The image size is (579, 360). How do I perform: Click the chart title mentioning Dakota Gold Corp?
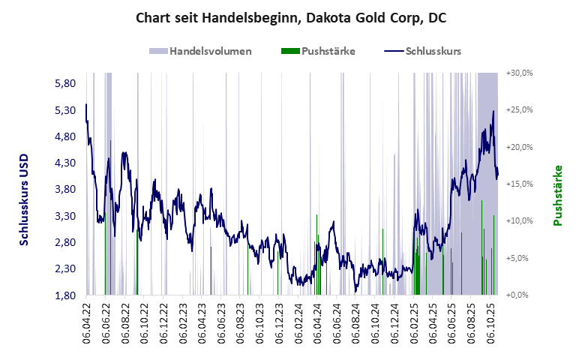(x=290, y=18)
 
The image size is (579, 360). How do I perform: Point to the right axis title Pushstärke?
(x=557, y=195)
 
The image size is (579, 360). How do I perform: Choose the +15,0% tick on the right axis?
(x=519, y=184)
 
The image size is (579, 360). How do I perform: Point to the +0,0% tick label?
(x=519, y=295)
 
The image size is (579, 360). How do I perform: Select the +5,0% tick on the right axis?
(x=519, y=258)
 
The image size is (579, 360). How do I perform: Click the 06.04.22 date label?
(x=86, y=323)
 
